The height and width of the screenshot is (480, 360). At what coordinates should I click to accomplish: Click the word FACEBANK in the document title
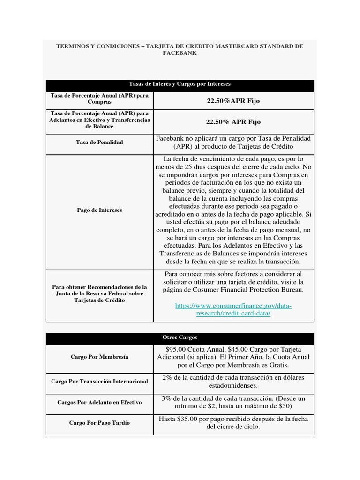click(x=180, y=53)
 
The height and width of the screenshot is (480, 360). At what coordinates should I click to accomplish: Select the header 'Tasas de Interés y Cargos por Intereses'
click(x=180, y=84)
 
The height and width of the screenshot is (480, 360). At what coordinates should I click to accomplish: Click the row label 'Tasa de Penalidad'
click(x=99, y=142)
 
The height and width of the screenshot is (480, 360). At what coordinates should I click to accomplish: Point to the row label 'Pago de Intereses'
click(x=99, y=210)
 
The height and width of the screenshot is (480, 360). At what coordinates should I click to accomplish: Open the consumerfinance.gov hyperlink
click(x=233, y=310)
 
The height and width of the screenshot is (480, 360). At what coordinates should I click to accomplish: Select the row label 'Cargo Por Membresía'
click(x=99, y=357)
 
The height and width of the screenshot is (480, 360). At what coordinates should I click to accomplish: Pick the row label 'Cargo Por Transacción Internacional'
click(x=99, y=381)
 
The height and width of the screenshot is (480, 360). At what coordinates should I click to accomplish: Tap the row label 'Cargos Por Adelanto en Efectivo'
click(x=99, y=402)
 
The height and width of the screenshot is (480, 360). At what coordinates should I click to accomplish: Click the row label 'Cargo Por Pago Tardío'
click(x=99, y=423)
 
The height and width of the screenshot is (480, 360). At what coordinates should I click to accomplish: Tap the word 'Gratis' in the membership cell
click(x=278, y=365)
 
